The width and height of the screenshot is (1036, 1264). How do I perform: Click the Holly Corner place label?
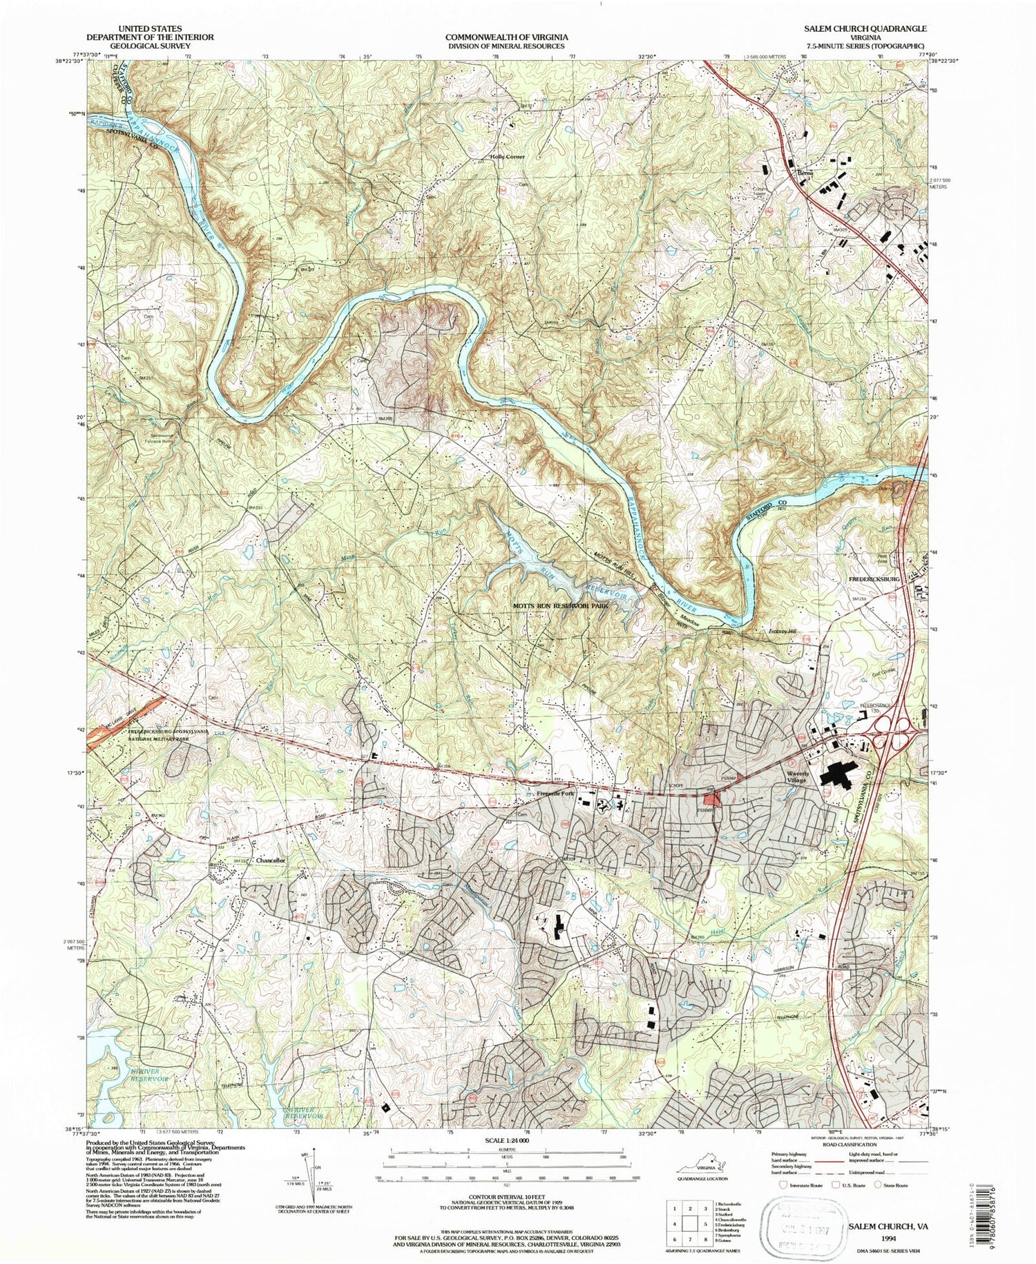(x=507, y=157)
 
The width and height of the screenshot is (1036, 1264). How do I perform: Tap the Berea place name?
(x=802, y=173)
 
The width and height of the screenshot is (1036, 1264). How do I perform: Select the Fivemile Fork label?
(x=555, y=793)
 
